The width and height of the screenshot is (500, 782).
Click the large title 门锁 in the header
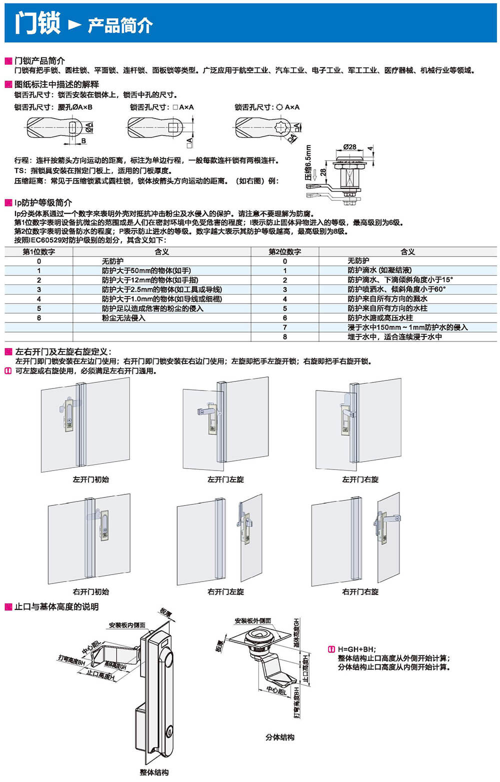37,23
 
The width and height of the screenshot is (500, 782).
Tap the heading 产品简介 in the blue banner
120,25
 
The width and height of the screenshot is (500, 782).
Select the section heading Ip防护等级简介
43,202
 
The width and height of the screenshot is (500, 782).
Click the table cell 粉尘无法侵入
123,318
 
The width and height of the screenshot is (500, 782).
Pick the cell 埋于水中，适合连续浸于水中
394,337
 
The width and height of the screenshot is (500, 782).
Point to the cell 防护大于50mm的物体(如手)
146,270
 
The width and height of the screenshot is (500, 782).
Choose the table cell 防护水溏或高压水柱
380,318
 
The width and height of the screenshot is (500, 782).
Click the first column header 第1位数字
38,252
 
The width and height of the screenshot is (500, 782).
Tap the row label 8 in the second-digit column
285,337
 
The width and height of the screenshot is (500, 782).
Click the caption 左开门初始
90,479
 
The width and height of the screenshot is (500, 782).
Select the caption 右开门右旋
360,592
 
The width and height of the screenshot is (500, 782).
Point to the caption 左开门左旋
225,479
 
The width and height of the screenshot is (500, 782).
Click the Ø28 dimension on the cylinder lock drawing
349,147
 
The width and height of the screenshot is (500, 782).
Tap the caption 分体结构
279,737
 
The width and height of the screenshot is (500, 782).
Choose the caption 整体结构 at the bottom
154,772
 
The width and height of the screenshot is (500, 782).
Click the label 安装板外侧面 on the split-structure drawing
253,621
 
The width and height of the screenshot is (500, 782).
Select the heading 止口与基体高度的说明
56,607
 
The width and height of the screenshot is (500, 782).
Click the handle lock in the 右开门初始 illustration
104,525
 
